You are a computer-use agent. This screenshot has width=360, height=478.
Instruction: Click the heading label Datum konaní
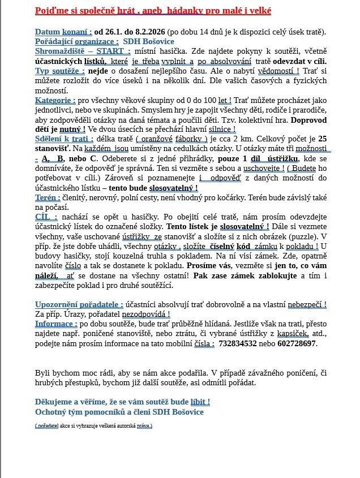63,32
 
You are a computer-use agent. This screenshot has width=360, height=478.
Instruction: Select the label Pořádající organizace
76,41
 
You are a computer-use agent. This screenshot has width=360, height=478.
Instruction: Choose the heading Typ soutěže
60,71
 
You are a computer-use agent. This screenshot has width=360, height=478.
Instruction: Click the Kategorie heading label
55,100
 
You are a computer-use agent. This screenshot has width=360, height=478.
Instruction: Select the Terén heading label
48,198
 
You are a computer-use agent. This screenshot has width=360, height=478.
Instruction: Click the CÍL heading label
46,217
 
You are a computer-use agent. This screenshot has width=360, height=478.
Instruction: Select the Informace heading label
56,324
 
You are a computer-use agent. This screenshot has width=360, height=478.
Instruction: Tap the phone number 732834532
238,343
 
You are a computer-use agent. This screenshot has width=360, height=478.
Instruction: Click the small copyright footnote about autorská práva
93,426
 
